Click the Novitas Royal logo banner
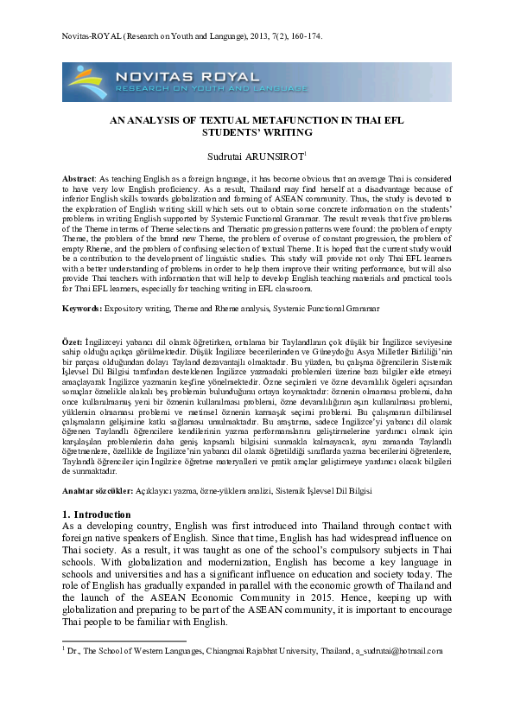(257, 82)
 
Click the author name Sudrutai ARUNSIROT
(256, 156)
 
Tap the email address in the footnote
(398, 650)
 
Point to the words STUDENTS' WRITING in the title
(257, 133)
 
